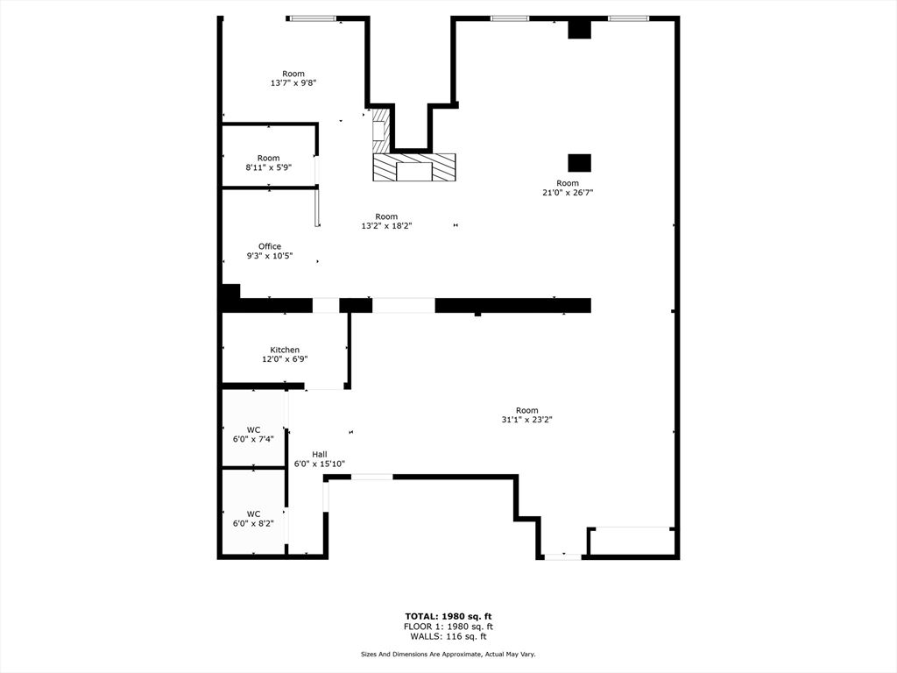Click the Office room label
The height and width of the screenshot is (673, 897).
270,246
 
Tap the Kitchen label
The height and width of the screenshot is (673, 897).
285,350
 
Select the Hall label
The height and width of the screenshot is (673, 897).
320,454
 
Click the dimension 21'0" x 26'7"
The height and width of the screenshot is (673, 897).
568,193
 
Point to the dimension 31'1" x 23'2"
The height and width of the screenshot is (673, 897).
526,420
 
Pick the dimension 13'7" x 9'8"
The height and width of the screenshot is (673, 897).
293,83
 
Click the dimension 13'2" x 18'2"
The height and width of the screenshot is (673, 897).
386,226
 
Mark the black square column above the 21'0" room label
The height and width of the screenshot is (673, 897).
579,163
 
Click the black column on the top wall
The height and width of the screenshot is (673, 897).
579,29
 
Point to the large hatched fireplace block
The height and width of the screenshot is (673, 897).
414,167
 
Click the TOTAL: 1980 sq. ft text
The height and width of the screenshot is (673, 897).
448,616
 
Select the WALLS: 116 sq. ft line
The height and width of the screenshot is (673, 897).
448,637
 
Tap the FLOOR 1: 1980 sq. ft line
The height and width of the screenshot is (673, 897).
448,627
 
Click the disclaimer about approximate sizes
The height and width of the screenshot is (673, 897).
448,655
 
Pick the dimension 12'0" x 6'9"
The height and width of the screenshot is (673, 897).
285,359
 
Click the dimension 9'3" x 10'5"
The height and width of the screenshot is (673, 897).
270,256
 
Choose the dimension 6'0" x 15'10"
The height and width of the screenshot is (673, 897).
320,464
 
